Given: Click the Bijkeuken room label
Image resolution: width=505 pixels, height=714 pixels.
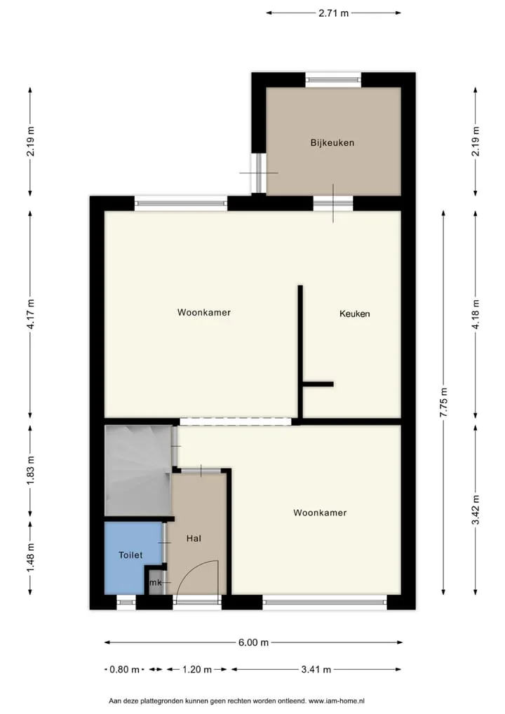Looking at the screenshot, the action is [332, 142].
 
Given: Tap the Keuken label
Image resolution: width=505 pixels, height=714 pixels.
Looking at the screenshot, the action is [354, 314].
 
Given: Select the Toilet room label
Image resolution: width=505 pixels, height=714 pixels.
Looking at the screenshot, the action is [130, 555].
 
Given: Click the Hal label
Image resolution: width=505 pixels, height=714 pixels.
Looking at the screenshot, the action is [194, 538].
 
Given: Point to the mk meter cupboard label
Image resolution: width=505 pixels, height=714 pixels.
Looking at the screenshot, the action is [156, 582].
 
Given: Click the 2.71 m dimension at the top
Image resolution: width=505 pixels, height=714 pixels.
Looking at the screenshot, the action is [333, 13].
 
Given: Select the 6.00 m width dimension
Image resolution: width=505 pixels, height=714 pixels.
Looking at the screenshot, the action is [253, 642].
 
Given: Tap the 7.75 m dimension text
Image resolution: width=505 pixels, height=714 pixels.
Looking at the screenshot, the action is [444, 402].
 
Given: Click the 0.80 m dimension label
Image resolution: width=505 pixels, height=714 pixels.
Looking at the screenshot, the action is [124, 669].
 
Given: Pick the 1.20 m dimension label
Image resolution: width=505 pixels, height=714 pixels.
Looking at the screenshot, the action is [196, 669].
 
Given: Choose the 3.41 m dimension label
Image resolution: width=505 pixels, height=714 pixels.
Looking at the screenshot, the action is [316, 669].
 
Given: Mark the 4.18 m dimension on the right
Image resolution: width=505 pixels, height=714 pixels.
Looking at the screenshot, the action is [476, 314].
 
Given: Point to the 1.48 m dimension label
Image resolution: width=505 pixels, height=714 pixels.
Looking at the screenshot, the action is [30, 558].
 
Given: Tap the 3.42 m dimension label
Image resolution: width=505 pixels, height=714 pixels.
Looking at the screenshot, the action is [476, 509].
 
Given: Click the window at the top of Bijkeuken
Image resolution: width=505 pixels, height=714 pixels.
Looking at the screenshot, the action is [333, 80].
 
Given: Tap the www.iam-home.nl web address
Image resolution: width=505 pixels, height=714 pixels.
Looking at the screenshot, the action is [337, 701].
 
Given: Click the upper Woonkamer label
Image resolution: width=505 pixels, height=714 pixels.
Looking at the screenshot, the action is [204, 312].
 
